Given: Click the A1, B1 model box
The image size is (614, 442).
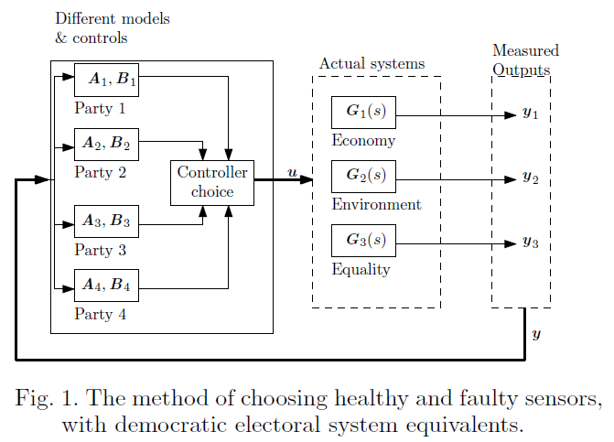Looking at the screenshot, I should click(106, 81).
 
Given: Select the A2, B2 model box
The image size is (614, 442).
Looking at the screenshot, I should click(106, 145).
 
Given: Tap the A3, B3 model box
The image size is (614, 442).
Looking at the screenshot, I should click(106, 221).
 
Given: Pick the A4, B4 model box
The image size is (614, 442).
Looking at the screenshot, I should click(106, 286).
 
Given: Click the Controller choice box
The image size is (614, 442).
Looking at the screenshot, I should click(212, 182).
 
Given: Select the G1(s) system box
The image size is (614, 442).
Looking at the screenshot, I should click(365, 113).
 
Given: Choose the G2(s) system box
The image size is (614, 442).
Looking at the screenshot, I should click(365, 176).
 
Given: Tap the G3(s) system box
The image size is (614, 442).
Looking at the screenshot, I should click(365, 242).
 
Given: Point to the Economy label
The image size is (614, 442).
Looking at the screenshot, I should click(363, 141).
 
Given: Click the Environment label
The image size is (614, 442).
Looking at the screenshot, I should click(376, 204).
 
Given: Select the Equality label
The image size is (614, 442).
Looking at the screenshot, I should click(361, 270).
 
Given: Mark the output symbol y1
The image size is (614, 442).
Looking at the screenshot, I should click(530, 114).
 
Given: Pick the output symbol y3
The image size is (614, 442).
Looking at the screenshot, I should click(530, 243).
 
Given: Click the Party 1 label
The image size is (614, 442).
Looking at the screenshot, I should click(101, 109).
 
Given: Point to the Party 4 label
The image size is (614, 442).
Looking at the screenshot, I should click(101, 315).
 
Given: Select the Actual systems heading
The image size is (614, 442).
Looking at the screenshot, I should click(372, 64).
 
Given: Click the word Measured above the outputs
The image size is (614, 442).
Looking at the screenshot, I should click(525, 51).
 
